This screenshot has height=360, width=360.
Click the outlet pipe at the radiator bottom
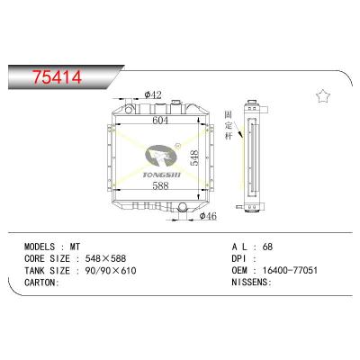183,210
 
